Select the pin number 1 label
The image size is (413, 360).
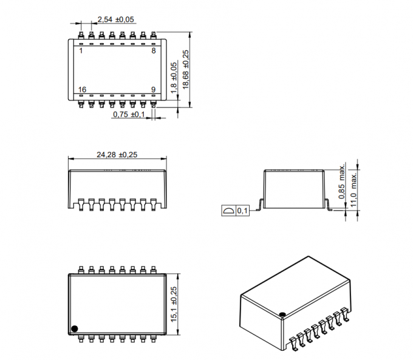tap(81, 51)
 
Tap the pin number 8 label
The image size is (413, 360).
tap(154, 51)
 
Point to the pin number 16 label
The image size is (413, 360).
tap(83, 89)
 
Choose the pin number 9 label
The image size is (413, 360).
tap(154, 89)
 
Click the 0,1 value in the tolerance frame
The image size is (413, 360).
tap(242, 211)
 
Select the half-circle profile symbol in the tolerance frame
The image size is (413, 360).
tap(229, 211)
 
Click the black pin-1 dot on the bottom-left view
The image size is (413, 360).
tap(75, 328)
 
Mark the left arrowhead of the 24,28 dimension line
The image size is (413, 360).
tap(69, 160)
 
